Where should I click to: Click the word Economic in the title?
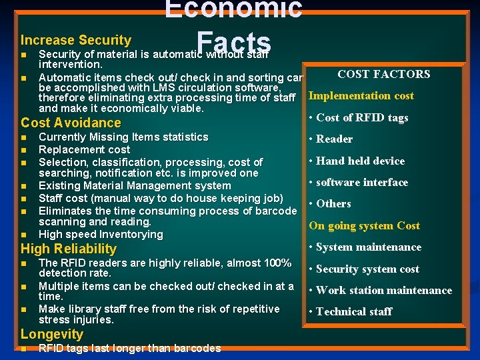[x=233, y=9]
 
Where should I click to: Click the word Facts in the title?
[x=233, y=41]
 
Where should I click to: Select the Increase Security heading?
[x=76, y=41]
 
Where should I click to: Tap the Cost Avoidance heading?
[x=71, y=123]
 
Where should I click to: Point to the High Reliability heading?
[x=69, y=249]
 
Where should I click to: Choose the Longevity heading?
[x=53, y=334]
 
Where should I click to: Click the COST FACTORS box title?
[x=383, y=75]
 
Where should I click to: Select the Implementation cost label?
[x=361, y=95]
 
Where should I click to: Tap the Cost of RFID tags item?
[x=362, y=118]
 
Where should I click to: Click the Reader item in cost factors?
[x=334, y=139]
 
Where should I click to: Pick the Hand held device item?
[x=360, y=161]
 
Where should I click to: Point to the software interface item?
[x=361, y=183]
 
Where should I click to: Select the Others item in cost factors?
[x=333, y=204]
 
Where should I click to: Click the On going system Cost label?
[x=364, y=225]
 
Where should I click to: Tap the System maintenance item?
[x=368, y=247]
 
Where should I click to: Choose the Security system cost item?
[x=367, y=269]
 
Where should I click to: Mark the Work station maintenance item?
[x=383, y=291]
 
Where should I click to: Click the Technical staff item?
[x=354, y=312]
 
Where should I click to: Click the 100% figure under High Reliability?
[x=277, y=263]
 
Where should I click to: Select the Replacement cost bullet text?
[x=85, y=150]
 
